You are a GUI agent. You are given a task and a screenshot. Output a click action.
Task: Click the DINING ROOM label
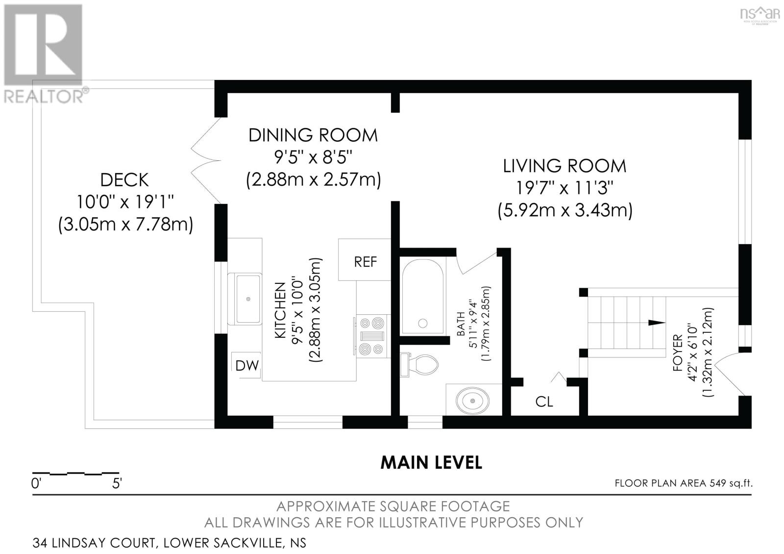click(x=313, y=135)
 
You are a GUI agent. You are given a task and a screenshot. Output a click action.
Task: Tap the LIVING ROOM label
click(x=564, y=166)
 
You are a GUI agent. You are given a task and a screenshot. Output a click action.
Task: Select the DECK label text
click(x=124, y=180)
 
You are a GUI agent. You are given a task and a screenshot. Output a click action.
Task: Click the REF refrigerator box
click(x=365, y=259)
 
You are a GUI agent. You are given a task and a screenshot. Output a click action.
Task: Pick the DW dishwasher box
click(x=246, y=365)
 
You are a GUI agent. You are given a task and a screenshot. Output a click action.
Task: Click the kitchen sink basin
click(x=248, y=299)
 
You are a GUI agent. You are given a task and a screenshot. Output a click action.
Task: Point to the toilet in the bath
click(x=419, y=365)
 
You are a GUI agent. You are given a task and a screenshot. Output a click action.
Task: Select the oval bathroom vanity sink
click(x=472, y=400)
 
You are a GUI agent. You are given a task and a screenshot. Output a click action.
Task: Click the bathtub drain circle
click(x=423, y=323)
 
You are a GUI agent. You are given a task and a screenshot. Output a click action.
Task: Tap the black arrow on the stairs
click(x=657, y=323)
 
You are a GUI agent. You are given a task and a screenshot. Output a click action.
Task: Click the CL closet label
click(x=544, y=402)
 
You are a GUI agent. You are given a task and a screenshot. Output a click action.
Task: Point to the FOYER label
click(x=678, y=353)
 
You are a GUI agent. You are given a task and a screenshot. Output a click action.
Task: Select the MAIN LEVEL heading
click(x=431, y=462)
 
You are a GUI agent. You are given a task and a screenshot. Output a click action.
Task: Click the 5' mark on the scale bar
click(x=117, y=483)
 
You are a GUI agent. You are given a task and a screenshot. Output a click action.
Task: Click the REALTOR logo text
click(x=44, y=96)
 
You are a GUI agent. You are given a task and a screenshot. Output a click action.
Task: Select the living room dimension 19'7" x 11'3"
click(x=565, y=188)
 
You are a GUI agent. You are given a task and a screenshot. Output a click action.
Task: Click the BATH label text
click(x=461, y=324)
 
